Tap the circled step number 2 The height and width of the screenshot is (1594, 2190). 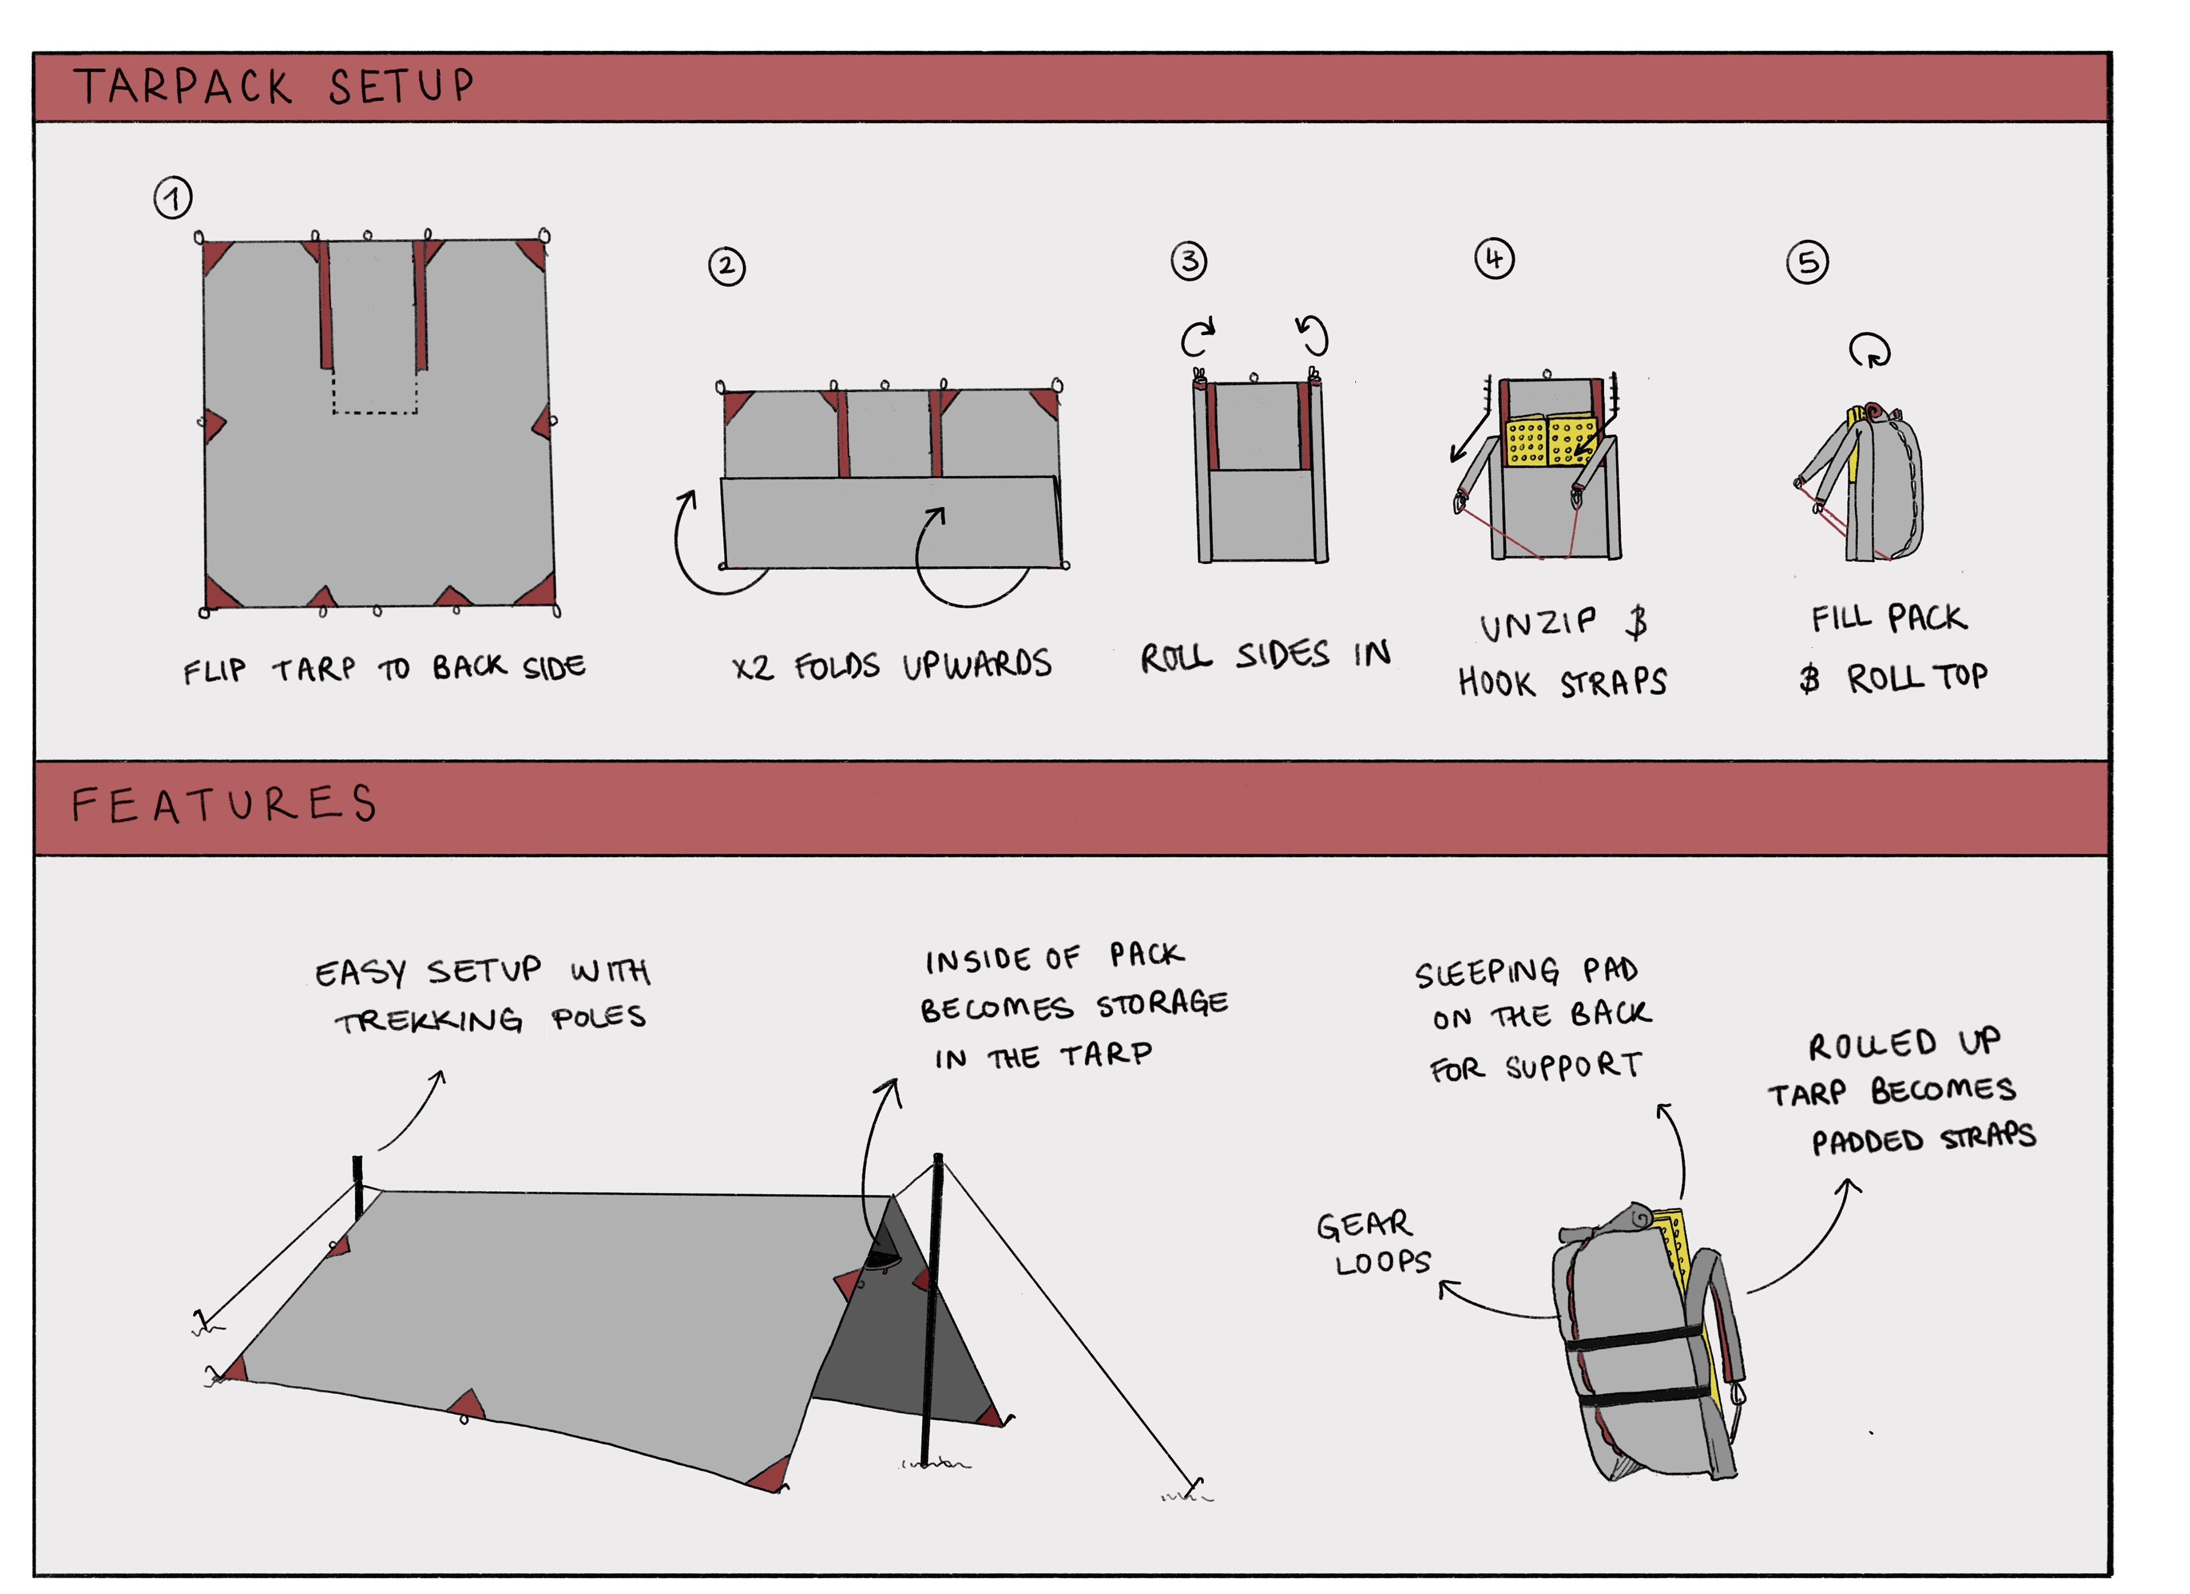click(727, 266)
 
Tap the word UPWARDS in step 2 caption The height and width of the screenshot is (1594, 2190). click(976, 665)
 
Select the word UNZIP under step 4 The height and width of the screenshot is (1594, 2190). click(1537, 624)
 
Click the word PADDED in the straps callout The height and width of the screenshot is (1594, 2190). click(1867, 1141)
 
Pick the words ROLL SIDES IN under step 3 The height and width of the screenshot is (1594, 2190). click(1265, 656)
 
